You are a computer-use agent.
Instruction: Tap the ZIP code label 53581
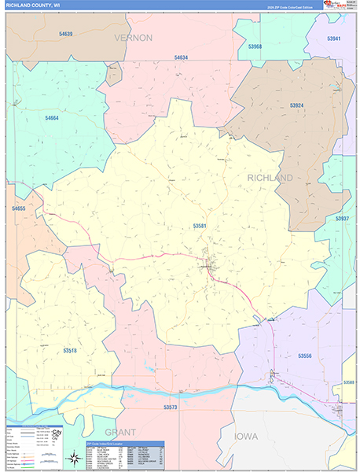pos(199,226)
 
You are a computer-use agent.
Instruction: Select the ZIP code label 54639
pos(65,35)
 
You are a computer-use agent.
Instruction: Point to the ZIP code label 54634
pos(181,57)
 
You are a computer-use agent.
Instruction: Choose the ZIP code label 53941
pos(334,39)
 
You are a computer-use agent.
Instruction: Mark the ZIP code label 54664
pos(52,118)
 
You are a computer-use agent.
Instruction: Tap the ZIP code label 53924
pos(296,105)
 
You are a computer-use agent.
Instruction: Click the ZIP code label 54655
pos(19,208)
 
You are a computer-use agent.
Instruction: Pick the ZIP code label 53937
pos(342,218)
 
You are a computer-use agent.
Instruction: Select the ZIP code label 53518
pos(71,350)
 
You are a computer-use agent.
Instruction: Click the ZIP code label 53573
pos(171,407)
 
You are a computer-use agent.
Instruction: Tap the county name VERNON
pos(132,37)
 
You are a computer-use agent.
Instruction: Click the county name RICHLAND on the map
pos(270,178)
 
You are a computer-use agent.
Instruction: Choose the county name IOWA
pos(244,435)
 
